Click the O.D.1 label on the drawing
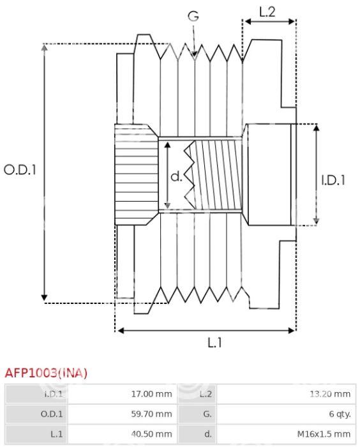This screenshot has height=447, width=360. point(20,170)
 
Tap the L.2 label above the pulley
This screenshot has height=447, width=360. point(267,12)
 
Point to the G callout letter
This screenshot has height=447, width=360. point(193,16)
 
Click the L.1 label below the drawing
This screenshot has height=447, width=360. point(214,342)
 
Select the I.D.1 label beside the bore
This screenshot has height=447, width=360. point(333,180)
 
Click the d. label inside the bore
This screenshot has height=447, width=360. point(176,176)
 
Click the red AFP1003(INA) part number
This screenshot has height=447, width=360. point(46,373)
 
